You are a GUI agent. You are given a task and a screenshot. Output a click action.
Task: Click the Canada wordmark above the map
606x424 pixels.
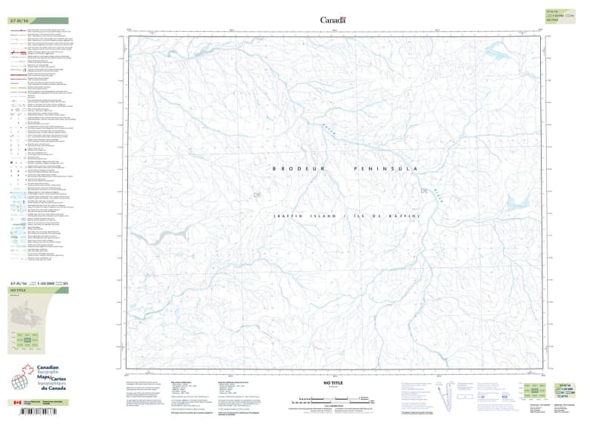[x=333, y=20]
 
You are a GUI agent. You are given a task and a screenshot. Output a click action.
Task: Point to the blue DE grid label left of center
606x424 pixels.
[x=257, y=196]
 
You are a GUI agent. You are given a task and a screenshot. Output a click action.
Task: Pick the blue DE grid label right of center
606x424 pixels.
[x=424, y=191]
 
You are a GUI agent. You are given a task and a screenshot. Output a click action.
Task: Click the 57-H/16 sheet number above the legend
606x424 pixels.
[x=17, y=21]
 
